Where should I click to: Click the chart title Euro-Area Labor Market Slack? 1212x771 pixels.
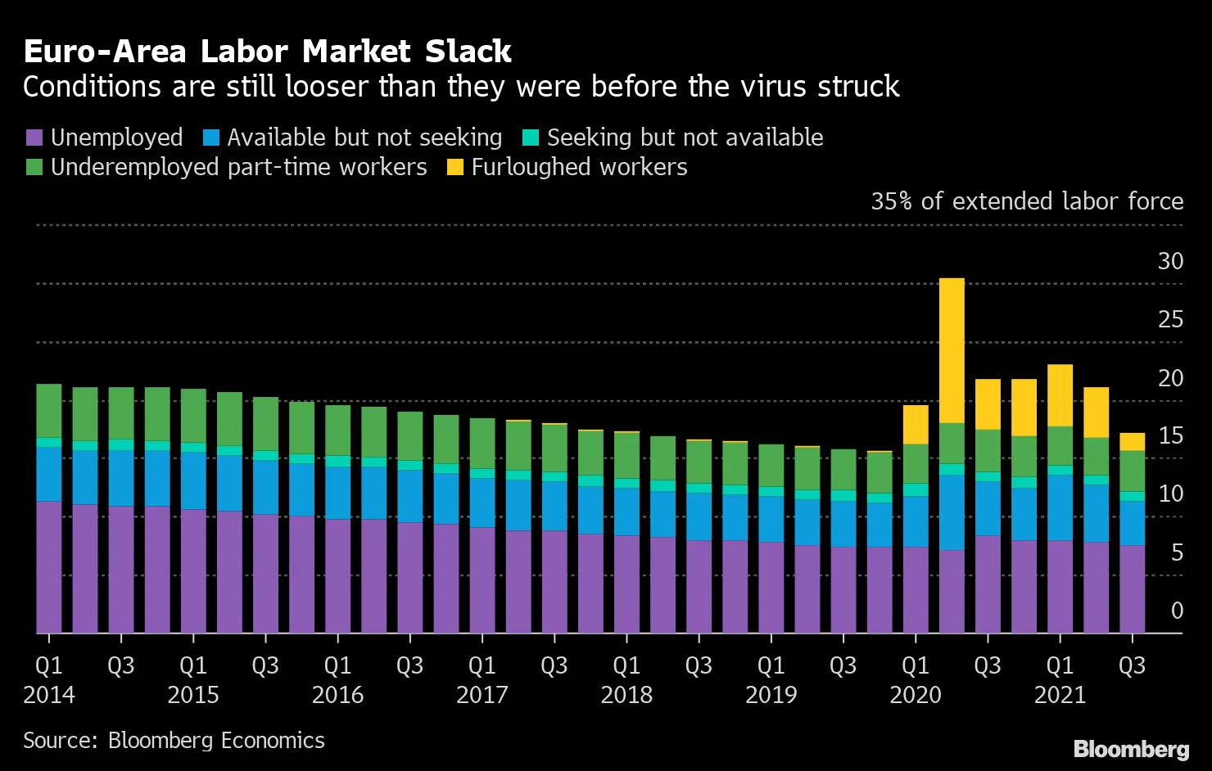coord(267,52)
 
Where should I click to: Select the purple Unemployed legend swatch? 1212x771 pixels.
coord(34,138)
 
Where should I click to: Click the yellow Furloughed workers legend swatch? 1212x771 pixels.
coord(455,167)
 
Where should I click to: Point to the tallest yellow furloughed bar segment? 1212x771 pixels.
coord(952,350)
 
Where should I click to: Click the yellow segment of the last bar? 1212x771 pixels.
coord(1132,442)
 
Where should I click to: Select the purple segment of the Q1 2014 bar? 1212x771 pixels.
coord(49,566)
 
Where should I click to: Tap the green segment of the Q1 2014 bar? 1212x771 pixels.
coord(49,411)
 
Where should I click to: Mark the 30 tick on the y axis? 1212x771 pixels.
coord(1170,261)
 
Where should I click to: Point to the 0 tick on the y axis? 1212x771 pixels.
coord(1177,611)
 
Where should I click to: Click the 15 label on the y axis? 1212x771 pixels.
coord(1170,435)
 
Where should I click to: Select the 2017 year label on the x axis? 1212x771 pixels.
coord(482,695)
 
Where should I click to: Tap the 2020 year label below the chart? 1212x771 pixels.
coord(915,695)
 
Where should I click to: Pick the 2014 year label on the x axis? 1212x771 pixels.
coord(49,695)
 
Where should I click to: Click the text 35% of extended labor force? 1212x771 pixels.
coord(1027,201)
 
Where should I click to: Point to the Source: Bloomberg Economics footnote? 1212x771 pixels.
coord(174,741)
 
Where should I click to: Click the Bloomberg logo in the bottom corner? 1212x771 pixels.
coord(1131,749)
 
